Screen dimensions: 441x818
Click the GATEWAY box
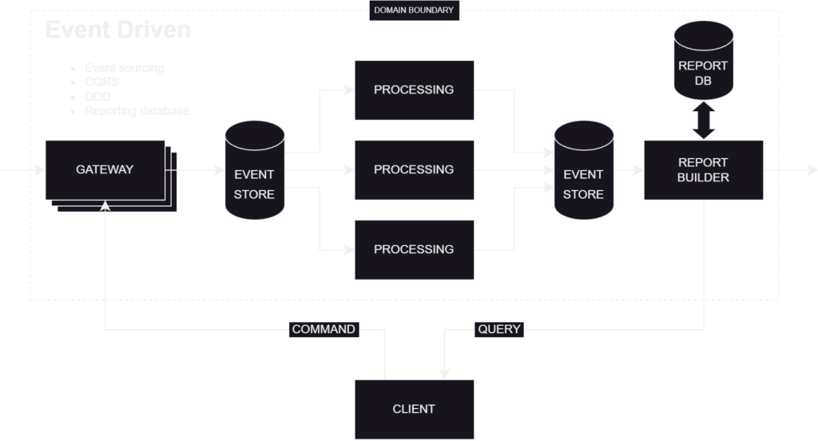(105, 169)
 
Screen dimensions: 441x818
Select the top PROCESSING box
(414, 89)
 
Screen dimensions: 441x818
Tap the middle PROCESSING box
(414, 169)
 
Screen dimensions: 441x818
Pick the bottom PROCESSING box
(414, 249)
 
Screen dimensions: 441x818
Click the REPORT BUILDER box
(703, 169)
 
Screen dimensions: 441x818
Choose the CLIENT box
(414, 409)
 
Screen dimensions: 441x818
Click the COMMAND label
(324, 329)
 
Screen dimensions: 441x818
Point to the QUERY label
(499, 329)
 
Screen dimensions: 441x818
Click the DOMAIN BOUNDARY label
(413, 10)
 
